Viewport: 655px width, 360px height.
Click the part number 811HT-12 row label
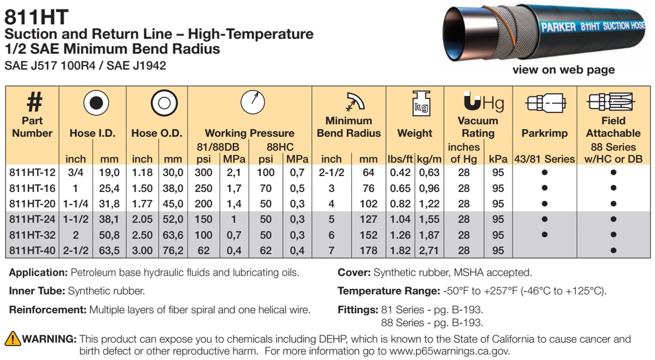click(32, 173)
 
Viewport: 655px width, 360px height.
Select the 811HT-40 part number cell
click(32, 251)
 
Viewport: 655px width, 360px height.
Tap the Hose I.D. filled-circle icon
click(96, 102)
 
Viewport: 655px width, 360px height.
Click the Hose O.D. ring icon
click(164, 102)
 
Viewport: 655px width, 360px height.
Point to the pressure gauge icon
click(253, 102)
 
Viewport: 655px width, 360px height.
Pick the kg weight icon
click(421, 103)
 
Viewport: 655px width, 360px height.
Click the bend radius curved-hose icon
click(355, 102)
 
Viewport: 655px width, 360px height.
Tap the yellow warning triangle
click(12, 339)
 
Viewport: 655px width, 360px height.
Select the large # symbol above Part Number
click(34, 102)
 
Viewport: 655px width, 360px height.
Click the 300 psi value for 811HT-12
click(203, 173)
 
